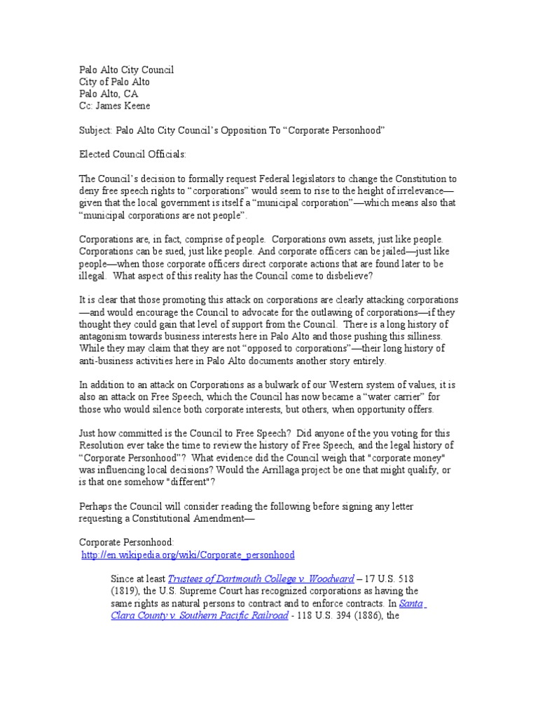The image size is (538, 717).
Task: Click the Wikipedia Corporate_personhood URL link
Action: point(188,555)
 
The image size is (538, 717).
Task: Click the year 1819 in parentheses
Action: point(127,592)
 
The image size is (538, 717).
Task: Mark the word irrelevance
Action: point(418,190)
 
